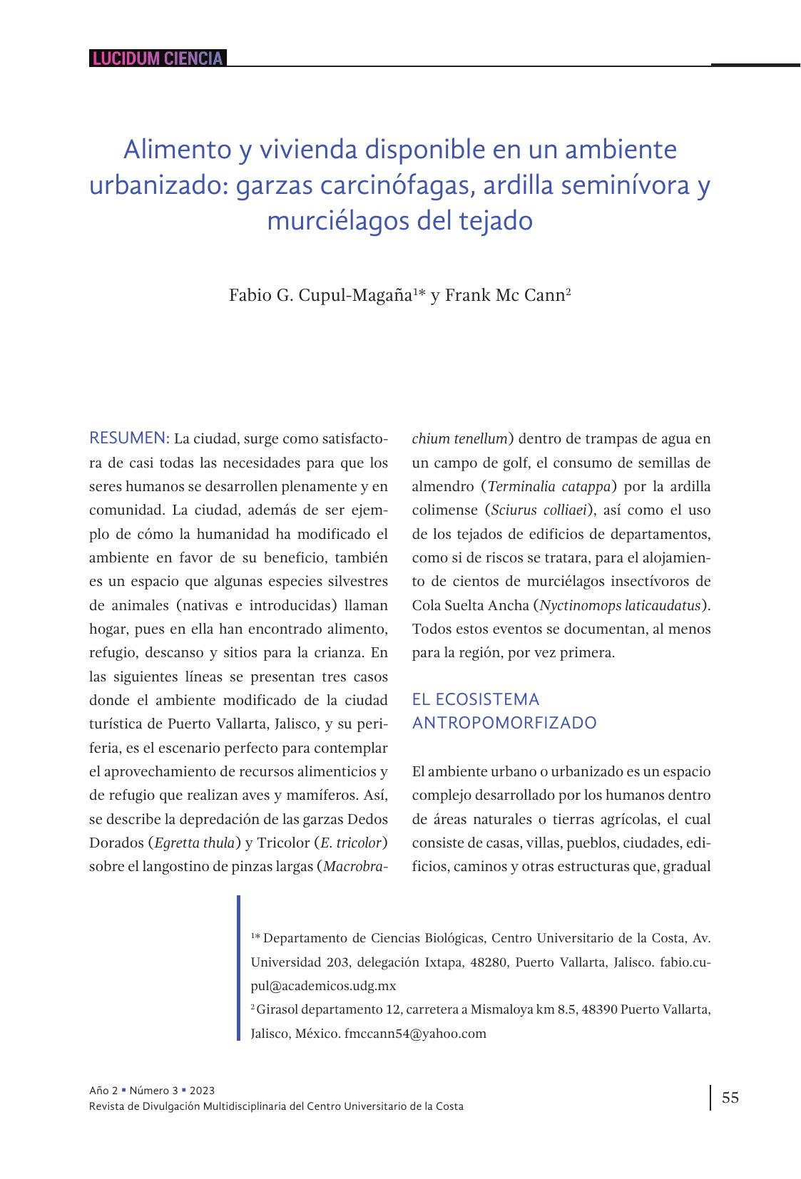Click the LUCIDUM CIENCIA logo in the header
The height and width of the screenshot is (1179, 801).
coord(158,58)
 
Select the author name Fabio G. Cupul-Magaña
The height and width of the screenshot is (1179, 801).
coord(320,295)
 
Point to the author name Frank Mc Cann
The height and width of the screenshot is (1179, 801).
coord(504,295)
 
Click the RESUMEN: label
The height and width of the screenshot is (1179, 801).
coord(129,438)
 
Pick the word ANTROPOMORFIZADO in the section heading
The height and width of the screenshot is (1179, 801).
coord(504,723)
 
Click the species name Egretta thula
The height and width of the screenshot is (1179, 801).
coord(194,843)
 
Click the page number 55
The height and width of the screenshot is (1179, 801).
coord(730,1097)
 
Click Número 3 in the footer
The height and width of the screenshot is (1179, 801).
coord(154,1091)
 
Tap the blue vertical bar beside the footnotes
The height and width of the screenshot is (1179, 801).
coord(239,967)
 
